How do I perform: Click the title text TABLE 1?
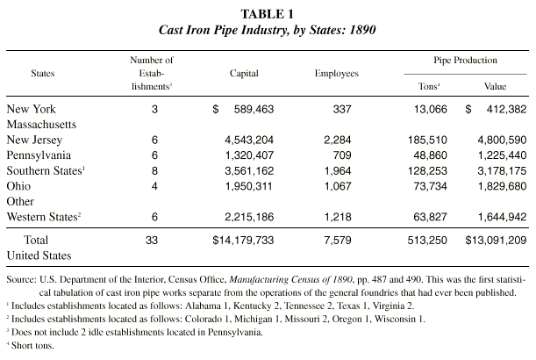(267, 14)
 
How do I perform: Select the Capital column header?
(244, 74)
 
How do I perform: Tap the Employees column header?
(336, 74)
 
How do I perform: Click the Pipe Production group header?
(465, 61)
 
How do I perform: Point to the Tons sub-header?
(429, 86)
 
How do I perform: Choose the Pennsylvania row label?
(39, 155)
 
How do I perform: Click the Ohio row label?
(18, 186)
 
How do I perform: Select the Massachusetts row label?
(41, 124)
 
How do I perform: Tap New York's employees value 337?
(342, 109)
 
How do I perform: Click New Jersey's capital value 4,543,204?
(249, 140)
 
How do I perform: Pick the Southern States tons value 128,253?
(427, 170)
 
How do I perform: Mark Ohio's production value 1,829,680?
(502, 186)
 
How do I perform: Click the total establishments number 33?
(152, 241)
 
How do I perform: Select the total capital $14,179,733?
(243, 241)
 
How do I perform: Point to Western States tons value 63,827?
(430, 217)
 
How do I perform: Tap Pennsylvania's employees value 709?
(342, 155)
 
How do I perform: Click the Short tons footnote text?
(32, 346)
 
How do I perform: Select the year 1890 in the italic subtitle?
(362, 30)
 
